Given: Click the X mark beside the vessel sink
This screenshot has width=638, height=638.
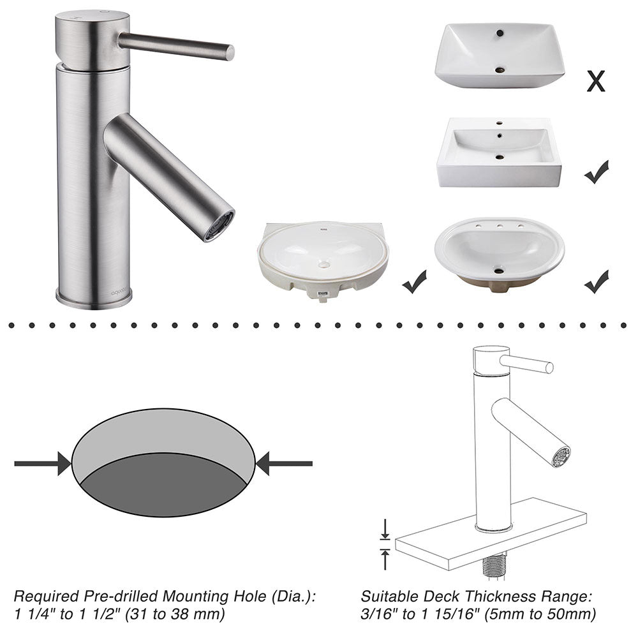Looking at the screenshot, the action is coord(596,80).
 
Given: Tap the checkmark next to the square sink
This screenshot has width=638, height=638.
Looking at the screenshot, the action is coord(597,172).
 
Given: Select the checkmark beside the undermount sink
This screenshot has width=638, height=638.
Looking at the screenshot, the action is coord(414,281).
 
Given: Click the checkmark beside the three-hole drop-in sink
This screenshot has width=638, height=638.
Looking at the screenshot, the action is coord(597,281).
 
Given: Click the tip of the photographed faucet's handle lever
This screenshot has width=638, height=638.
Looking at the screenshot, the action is coord(230,53).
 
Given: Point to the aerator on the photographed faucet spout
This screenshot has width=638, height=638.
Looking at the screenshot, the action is coord(219,226).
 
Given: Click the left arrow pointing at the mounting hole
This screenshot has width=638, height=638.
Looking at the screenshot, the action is coord(43,463).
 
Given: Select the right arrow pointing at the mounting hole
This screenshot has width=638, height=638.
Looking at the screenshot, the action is coord(284,463).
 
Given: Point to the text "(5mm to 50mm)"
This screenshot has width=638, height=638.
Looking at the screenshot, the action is coord(540,614).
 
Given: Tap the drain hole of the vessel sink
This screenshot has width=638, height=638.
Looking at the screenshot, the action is coord(500,70).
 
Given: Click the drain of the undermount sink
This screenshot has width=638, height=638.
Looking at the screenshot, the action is coord(324,265).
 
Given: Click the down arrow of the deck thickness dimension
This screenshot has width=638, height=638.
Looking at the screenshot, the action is coord(385,530).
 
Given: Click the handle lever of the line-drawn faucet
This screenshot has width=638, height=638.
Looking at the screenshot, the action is coord(526,364).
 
